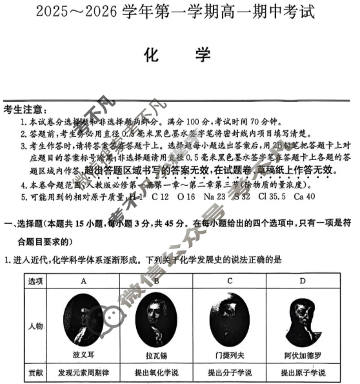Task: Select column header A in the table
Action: click(x=84, y=281)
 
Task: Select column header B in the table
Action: click(x=156, y=281)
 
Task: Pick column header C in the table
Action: click(x=230, y=281)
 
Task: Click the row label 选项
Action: click(x=35, y=281)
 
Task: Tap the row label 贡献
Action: click(x=35, y=373)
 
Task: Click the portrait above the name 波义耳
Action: click(x=84, y=319)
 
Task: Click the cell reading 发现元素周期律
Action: click(x=84, y=373)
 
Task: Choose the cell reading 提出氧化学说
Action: click(x=156, y=373)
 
